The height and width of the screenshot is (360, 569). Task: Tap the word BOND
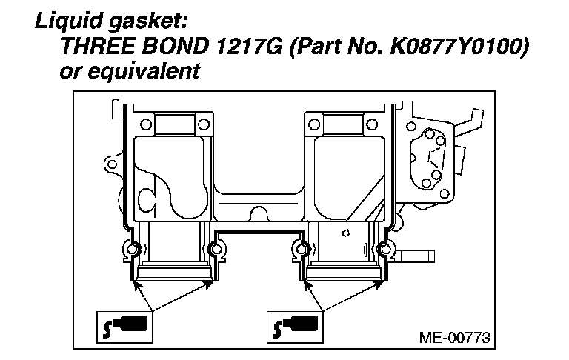point(175,46)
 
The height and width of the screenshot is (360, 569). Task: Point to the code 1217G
point(248,46)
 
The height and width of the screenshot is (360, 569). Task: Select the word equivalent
point(144,70)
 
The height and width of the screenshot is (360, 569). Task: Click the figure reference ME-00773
point(455,338)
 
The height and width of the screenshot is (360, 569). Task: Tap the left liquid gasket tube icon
point(124,327)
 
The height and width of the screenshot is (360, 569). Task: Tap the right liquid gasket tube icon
point(295,327)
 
